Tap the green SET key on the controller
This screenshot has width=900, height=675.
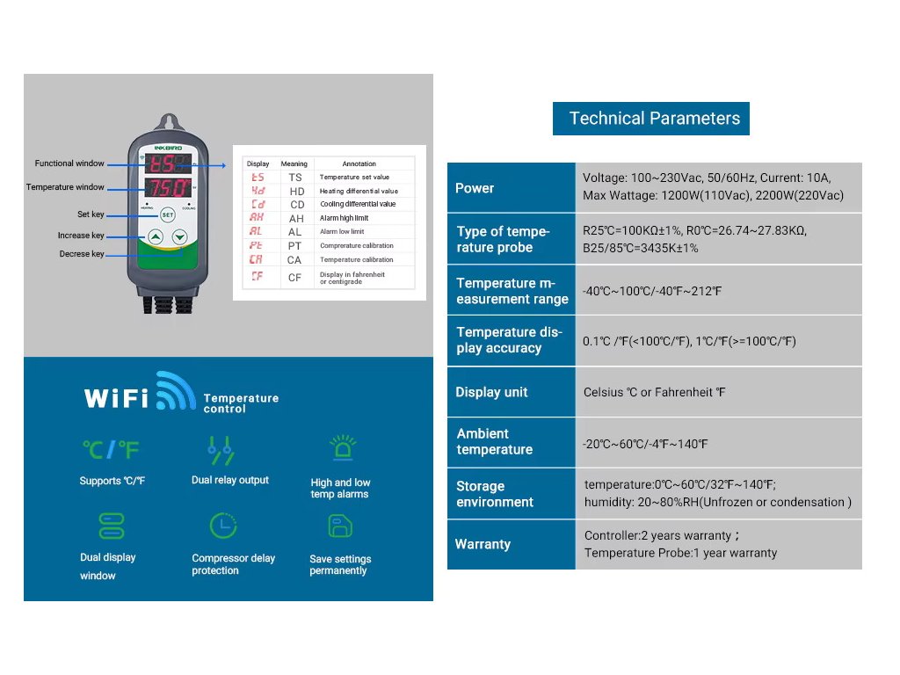pyautogui.click(x=167, y=214)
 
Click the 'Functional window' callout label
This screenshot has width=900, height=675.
pyautogui.click(x=69, y=163)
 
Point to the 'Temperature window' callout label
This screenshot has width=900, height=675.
pyautogui.click(x=65, y=187)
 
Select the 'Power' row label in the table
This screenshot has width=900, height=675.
pyautogui.click(x=475, y=188)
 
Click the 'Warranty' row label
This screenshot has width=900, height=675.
pyautogui.click(x=483, y=544)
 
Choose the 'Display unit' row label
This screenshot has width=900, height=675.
pyautogui.click(x=491, y=392)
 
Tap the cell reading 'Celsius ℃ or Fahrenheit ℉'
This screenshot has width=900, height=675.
pyautogui.click(x=655, y=392)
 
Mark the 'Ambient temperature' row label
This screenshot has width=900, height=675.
pyautogui.click(x=494, y=441)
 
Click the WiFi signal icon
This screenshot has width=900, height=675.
pyautogui.click(x=175, y=392)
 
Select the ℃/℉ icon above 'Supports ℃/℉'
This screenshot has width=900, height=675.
pyautogui.click(x=112, y=450)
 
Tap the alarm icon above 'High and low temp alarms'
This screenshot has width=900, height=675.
pyautogui.click(x=340, y=448)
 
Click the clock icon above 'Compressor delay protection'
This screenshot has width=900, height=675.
pyautogui.click(x=223, y=526)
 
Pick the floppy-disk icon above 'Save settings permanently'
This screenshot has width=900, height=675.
pyautogui.click(x=340, y=526)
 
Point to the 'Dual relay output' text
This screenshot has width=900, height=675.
pyautogui.click(x=230, y=480)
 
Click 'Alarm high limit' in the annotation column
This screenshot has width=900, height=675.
pyautogui.click(x=344, y=218)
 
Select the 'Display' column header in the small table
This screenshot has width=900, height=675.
pyautogui.click(x=258, y=163)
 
